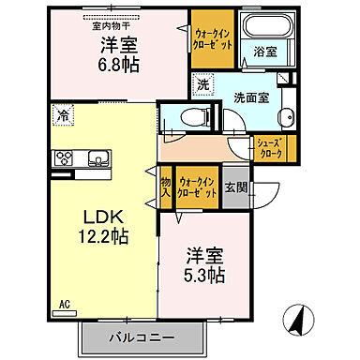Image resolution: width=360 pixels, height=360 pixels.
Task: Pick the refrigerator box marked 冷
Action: pos(63,117)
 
